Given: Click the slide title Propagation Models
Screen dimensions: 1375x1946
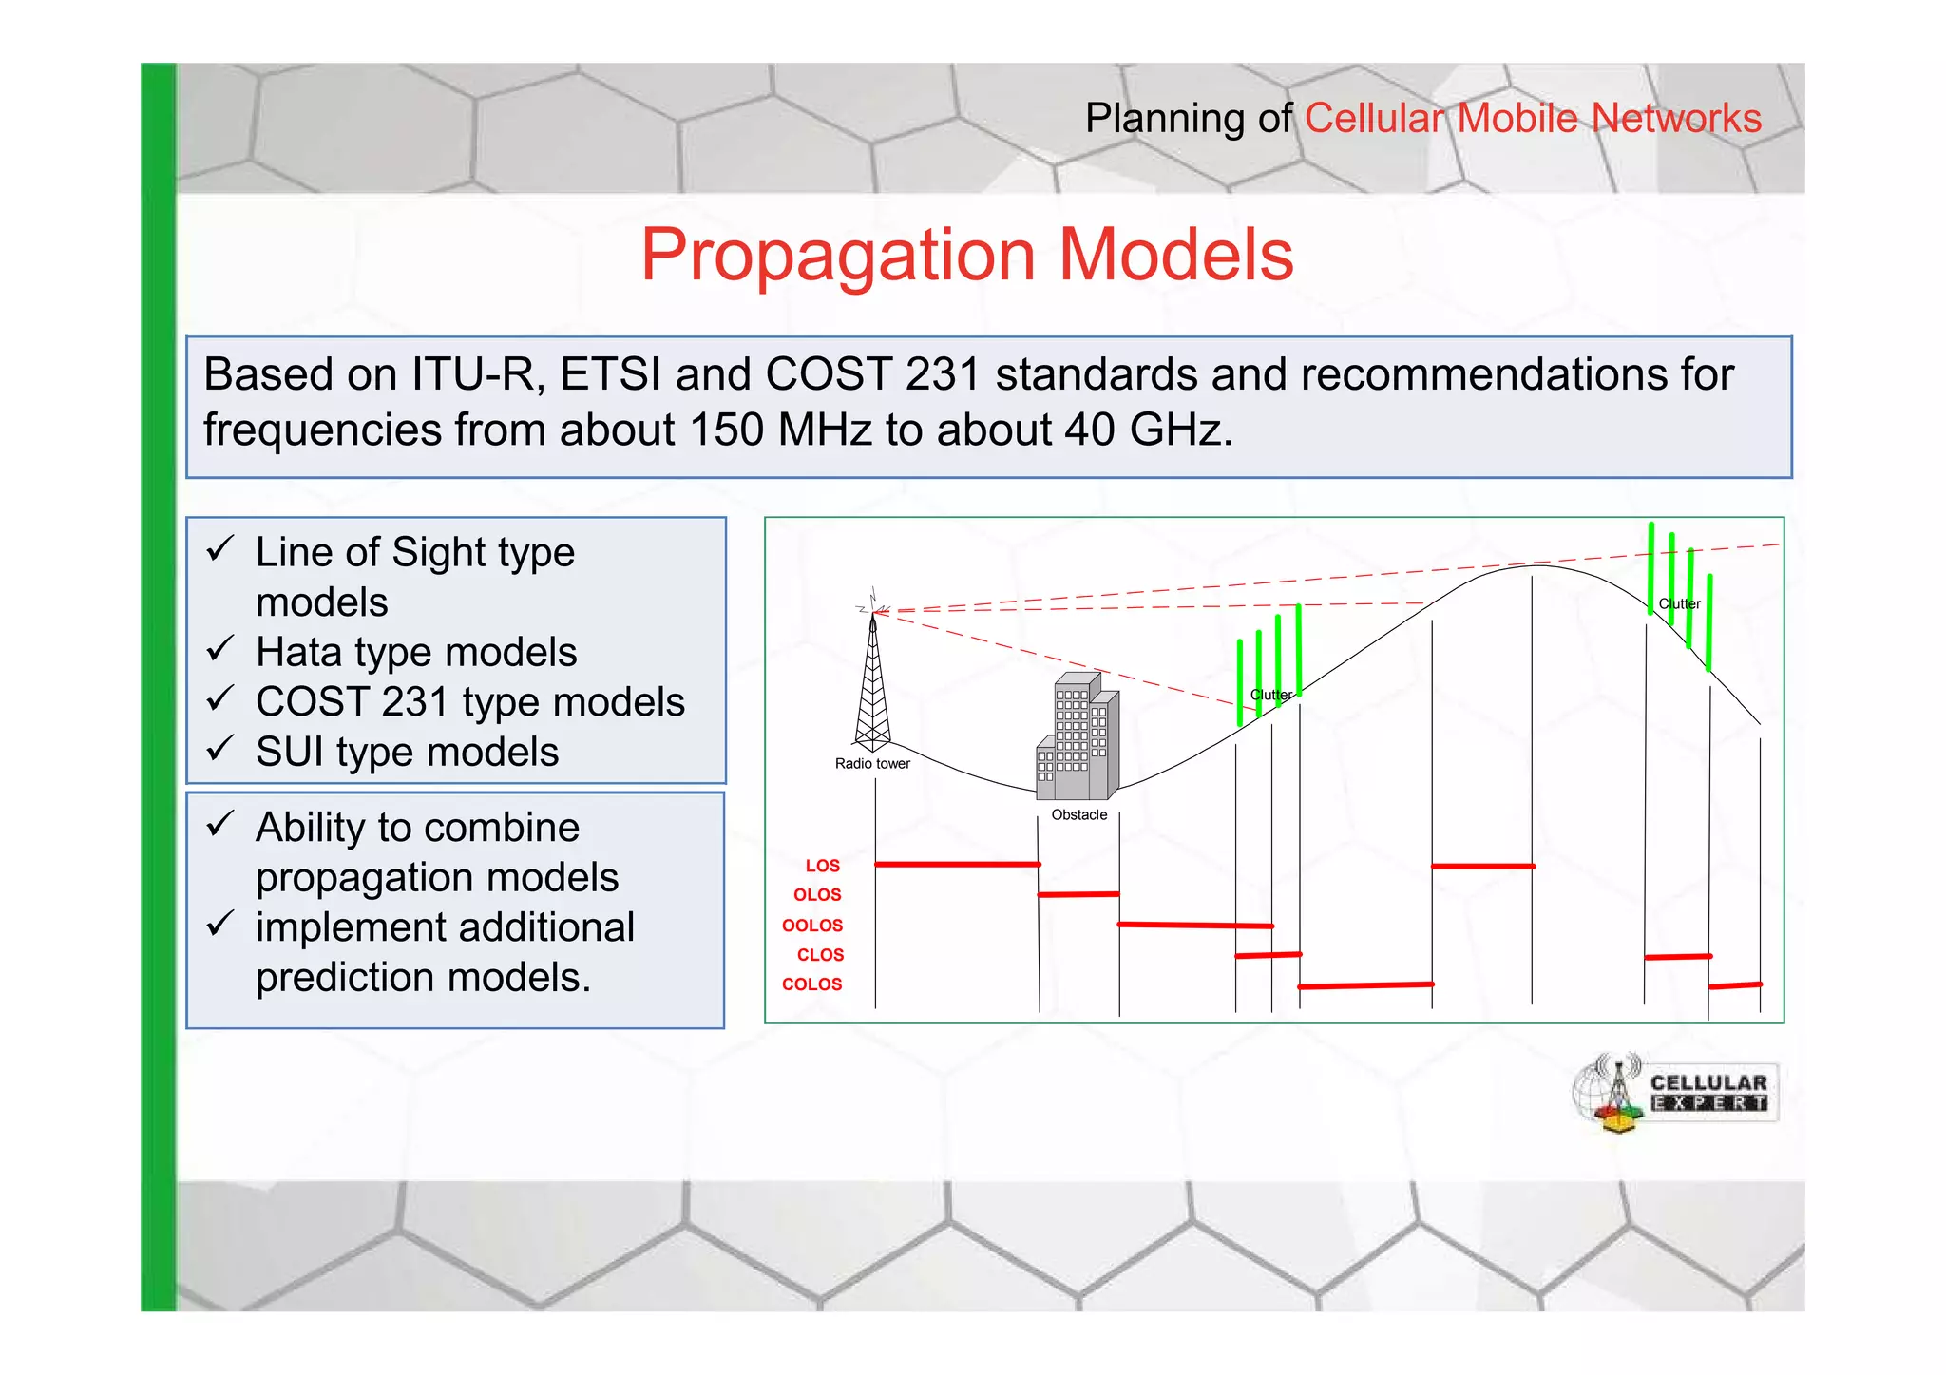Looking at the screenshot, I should (x=966, y=255).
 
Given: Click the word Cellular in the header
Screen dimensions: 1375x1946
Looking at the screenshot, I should (x=1374, y=119).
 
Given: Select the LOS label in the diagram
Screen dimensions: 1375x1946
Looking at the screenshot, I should (x=822, y=866).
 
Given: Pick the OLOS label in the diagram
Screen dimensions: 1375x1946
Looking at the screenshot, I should (x=817, y=895).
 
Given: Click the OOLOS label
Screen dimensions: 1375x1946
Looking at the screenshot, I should (x=812, y=926).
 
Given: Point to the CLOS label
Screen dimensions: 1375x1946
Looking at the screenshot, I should (x=820, y=955).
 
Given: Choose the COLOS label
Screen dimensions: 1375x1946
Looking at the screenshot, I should (x=812, y=984).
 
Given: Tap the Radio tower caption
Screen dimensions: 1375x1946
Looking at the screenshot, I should (x=872, y=764).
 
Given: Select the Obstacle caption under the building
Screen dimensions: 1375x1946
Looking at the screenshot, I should (x=1078, y=815).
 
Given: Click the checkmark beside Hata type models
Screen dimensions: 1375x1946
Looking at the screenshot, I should (x=219, y=650).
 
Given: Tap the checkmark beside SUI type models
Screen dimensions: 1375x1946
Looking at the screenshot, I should (x=219, y=750).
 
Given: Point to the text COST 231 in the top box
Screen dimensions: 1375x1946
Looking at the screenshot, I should (x=872, y=373).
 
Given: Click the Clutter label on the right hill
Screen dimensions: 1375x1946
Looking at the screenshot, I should (x=1679, y=604).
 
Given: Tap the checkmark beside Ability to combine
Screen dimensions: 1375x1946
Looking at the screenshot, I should (x=219, y=824).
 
